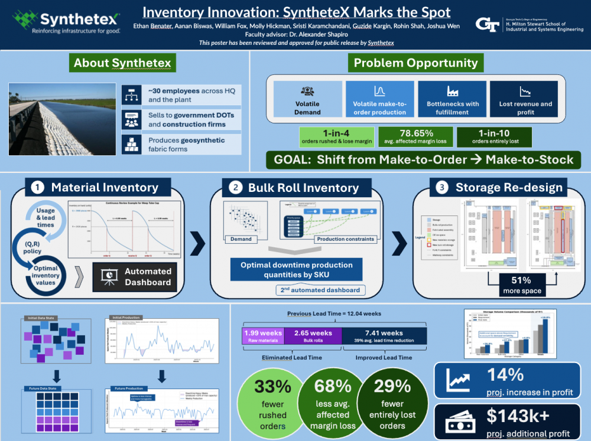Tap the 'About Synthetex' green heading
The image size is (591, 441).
pos(122,63)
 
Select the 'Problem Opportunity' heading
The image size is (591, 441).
pos(415,63)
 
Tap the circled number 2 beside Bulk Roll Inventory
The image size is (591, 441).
pos(236,188)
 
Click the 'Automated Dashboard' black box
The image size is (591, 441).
pos(135,277)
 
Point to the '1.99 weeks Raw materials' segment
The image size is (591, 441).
pos(263,336)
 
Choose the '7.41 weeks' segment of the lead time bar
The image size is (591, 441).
pos(384,336)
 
